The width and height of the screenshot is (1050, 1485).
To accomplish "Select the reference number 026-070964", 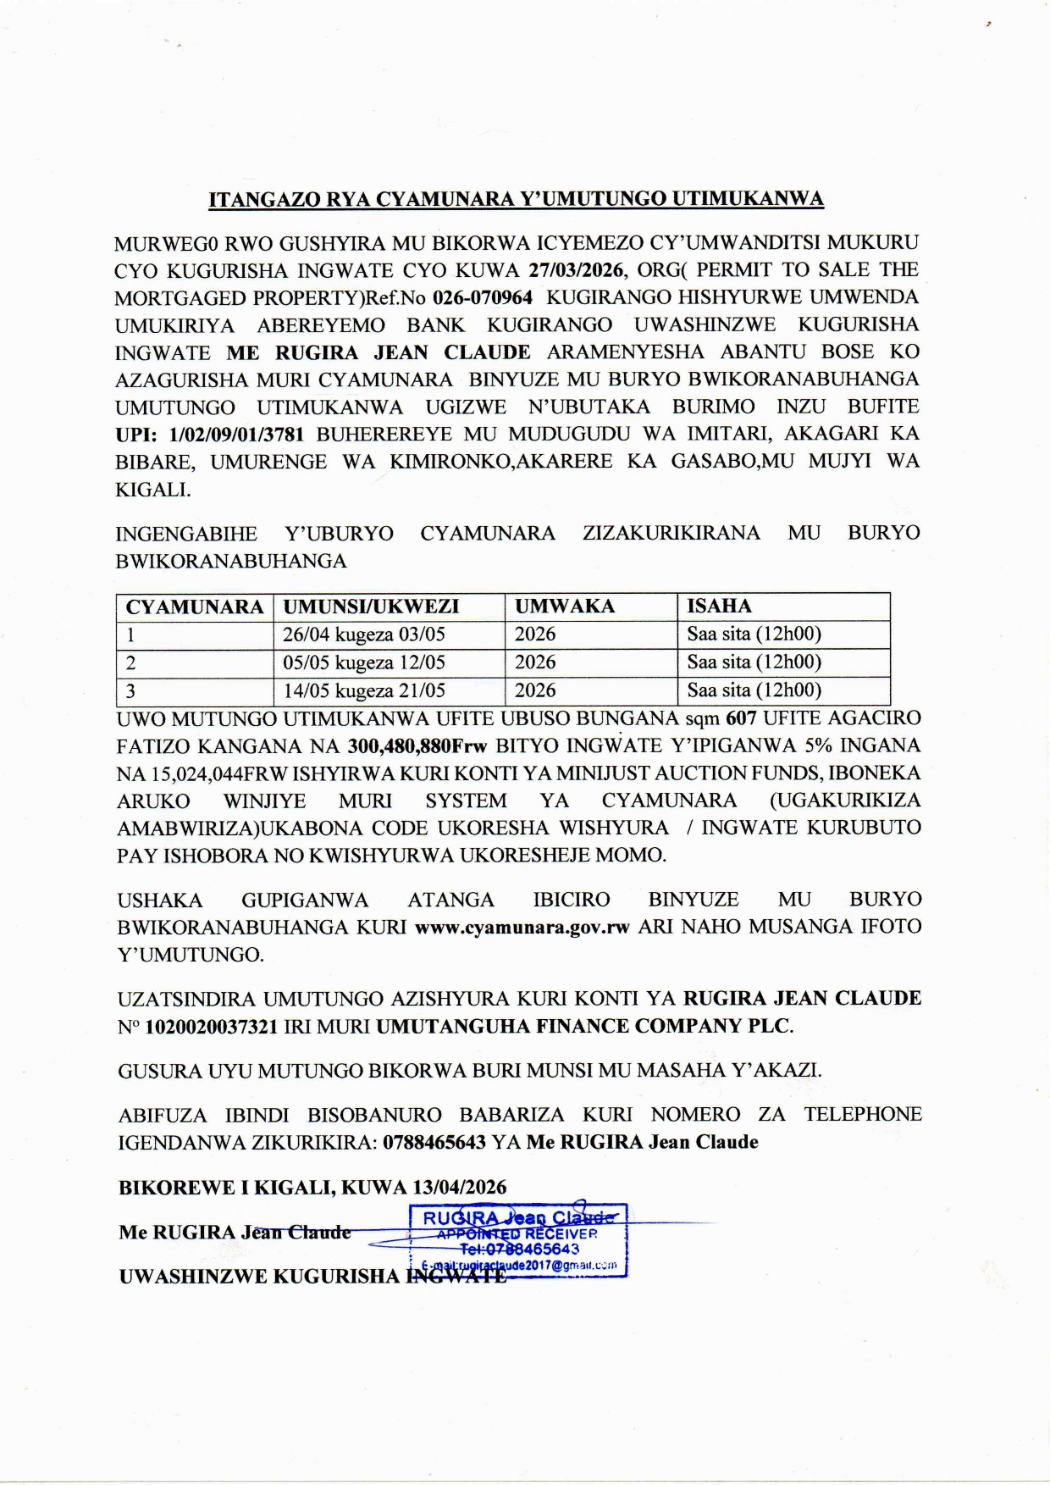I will click(483, 298).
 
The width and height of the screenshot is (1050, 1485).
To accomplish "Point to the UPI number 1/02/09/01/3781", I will click(236, 435).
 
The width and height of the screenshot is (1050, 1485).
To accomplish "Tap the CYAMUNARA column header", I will click(195, 607).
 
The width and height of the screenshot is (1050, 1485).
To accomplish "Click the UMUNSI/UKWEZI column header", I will click(371, 607).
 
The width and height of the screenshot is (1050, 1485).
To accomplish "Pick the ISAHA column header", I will click(719, 607).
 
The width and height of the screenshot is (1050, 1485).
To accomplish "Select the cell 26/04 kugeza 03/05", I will click(364, 634).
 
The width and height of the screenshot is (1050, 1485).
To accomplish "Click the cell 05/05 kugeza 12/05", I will click(364, 662).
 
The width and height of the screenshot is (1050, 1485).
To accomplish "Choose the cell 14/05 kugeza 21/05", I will click(364, 690).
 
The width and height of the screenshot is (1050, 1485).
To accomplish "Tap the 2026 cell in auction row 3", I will click(535, 690).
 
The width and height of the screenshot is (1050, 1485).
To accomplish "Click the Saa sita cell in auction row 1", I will click(754, 634).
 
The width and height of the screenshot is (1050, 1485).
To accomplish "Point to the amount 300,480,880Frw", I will click(417, 746).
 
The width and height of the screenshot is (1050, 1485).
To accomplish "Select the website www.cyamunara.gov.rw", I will click(522, 927).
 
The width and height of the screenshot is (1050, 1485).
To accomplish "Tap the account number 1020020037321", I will click(212, 1027).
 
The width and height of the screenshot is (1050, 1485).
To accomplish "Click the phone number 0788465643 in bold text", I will click(434, 1142).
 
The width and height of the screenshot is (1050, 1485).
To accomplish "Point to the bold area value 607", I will click(741, 718).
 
